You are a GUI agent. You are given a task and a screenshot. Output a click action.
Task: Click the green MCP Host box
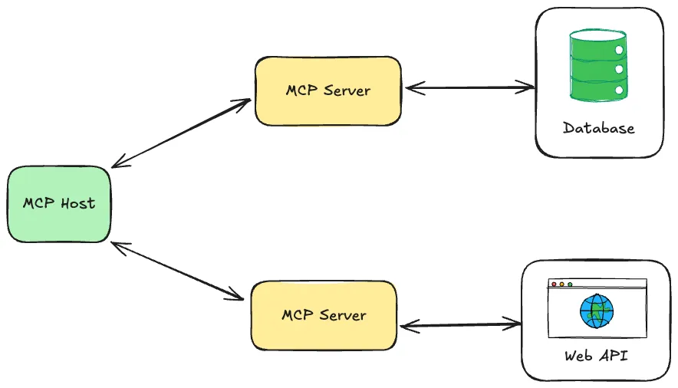(59, 204)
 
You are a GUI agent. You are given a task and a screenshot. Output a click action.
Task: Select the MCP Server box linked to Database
(327, 90)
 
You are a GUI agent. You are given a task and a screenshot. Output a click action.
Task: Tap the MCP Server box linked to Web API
(324, 315)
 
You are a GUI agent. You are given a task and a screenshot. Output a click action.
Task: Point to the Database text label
(598, 128)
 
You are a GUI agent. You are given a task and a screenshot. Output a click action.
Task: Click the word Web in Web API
(578, 356)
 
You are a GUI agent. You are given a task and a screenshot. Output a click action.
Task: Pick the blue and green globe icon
(597, 311)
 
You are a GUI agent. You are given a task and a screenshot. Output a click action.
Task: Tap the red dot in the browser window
(554, 284)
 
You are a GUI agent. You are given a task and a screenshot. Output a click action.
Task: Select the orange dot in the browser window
(561, 284)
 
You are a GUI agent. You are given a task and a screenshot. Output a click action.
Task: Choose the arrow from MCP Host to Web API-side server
(178, 271)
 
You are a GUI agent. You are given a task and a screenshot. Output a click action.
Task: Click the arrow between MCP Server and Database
(469, 88)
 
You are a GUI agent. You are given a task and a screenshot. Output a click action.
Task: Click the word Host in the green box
(78, 204)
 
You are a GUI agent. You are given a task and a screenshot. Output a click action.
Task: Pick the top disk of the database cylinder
(598, 37)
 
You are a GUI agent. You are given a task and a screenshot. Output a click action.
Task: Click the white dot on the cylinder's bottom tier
(618, 90)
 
